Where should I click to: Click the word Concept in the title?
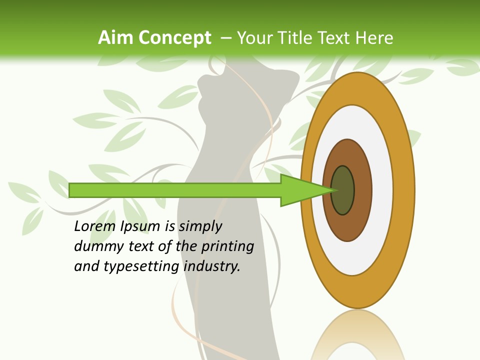point(175,38)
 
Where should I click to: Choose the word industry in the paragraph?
point(212,266)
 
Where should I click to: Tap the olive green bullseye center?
point(342,190)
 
